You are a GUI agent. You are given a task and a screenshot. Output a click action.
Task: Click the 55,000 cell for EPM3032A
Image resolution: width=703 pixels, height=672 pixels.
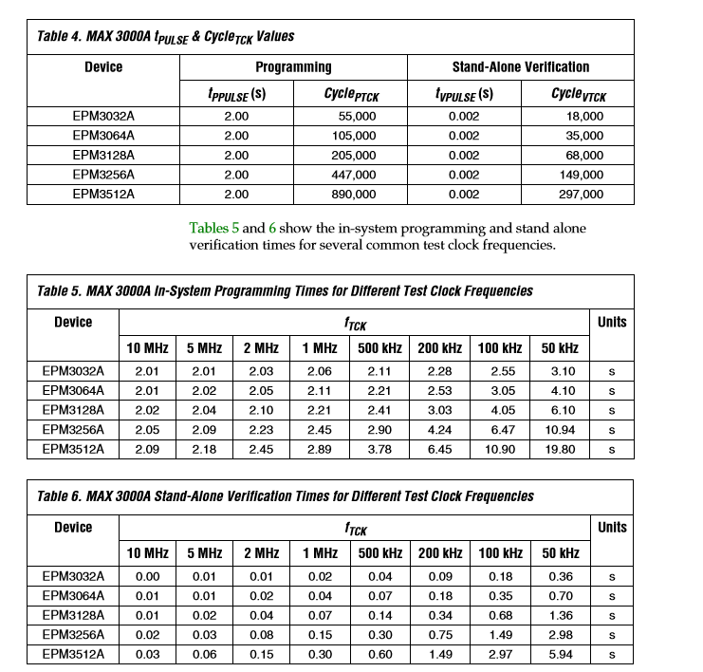coord(358,116)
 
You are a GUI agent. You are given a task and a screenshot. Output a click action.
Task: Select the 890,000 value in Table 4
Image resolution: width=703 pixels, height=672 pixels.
coord(354,195)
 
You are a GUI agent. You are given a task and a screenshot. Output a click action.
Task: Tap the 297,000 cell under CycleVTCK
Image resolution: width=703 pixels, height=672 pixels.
coord(581,195)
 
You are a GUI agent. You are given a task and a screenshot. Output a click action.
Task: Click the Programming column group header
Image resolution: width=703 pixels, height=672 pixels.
coord(293,67)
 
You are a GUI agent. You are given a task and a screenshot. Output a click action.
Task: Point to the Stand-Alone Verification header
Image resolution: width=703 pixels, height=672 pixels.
coord(520,67)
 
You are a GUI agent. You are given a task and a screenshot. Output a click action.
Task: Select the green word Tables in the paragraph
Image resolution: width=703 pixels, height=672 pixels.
coord(214,228)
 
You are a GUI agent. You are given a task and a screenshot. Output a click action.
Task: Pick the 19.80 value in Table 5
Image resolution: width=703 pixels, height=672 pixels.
coord(561,449)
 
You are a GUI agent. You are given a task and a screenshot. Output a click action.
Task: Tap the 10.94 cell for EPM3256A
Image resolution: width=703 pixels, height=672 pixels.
coord(561,430)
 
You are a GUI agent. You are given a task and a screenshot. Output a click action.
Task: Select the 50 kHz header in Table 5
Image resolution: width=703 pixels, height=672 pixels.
coord(560,348)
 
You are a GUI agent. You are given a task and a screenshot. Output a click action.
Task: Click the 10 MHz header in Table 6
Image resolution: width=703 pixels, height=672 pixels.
coord(147,553)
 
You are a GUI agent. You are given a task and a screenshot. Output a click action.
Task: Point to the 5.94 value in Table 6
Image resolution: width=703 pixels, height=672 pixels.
coord(561,654)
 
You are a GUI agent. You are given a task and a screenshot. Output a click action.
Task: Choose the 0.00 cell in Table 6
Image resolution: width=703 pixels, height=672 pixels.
coord(147,576)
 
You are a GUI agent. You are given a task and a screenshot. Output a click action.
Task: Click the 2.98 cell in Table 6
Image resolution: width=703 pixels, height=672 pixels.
coord(561,635)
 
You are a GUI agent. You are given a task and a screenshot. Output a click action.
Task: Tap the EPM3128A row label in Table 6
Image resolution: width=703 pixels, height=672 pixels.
coord(73,615)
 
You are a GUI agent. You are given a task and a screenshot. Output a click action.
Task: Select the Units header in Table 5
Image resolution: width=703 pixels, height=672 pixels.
coord(612,322)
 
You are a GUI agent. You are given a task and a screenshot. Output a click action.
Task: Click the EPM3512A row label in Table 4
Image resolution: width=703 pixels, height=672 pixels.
coord(103,195)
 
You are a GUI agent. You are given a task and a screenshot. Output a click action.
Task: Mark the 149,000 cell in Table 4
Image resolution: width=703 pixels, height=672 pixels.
coord(581,175)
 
